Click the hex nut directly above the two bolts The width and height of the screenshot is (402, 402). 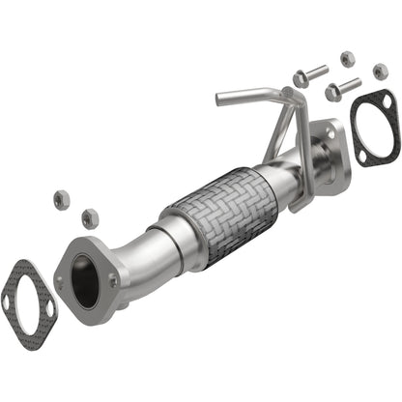tap(349, 58)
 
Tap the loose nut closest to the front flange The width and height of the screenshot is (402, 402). tap(91, 218)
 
